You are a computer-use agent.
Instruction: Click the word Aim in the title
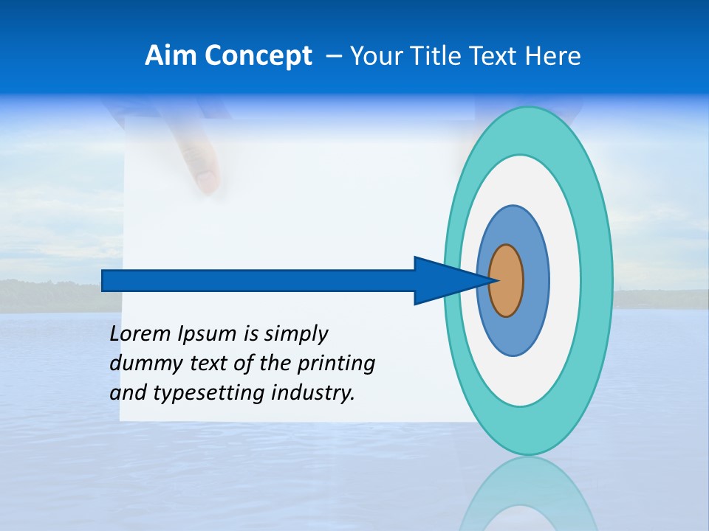(x=170, y=56)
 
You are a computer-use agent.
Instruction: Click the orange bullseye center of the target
(x=506, y=281)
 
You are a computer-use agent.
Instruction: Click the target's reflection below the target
(x=527, y=494)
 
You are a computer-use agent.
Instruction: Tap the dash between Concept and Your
(x=333, y=57)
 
